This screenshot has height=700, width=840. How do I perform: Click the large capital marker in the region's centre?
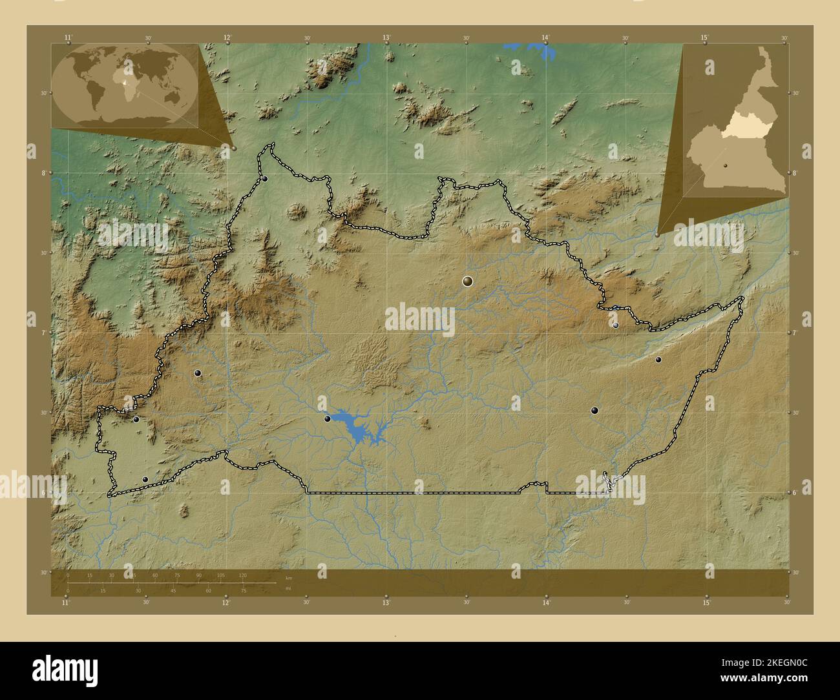click(468, 281)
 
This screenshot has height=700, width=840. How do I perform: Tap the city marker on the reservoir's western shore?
click(328, 418)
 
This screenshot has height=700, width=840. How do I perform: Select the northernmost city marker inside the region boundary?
click(265, 179)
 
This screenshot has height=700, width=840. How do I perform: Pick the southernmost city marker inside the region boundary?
click(145, 479)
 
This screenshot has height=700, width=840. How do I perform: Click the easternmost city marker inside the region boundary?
click(658, 360)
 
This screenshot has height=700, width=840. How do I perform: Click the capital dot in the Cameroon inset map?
click(726, 165)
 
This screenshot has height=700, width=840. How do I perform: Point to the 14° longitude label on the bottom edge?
click(546, 603)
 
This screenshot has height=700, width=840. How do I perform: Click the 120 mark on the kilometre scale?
click(242, 575)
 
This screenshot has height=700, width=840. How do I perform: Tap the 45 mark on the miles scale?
click(173, 590)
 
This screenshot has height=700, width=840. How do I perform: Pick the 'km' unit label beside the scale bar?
click(289, 577)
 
